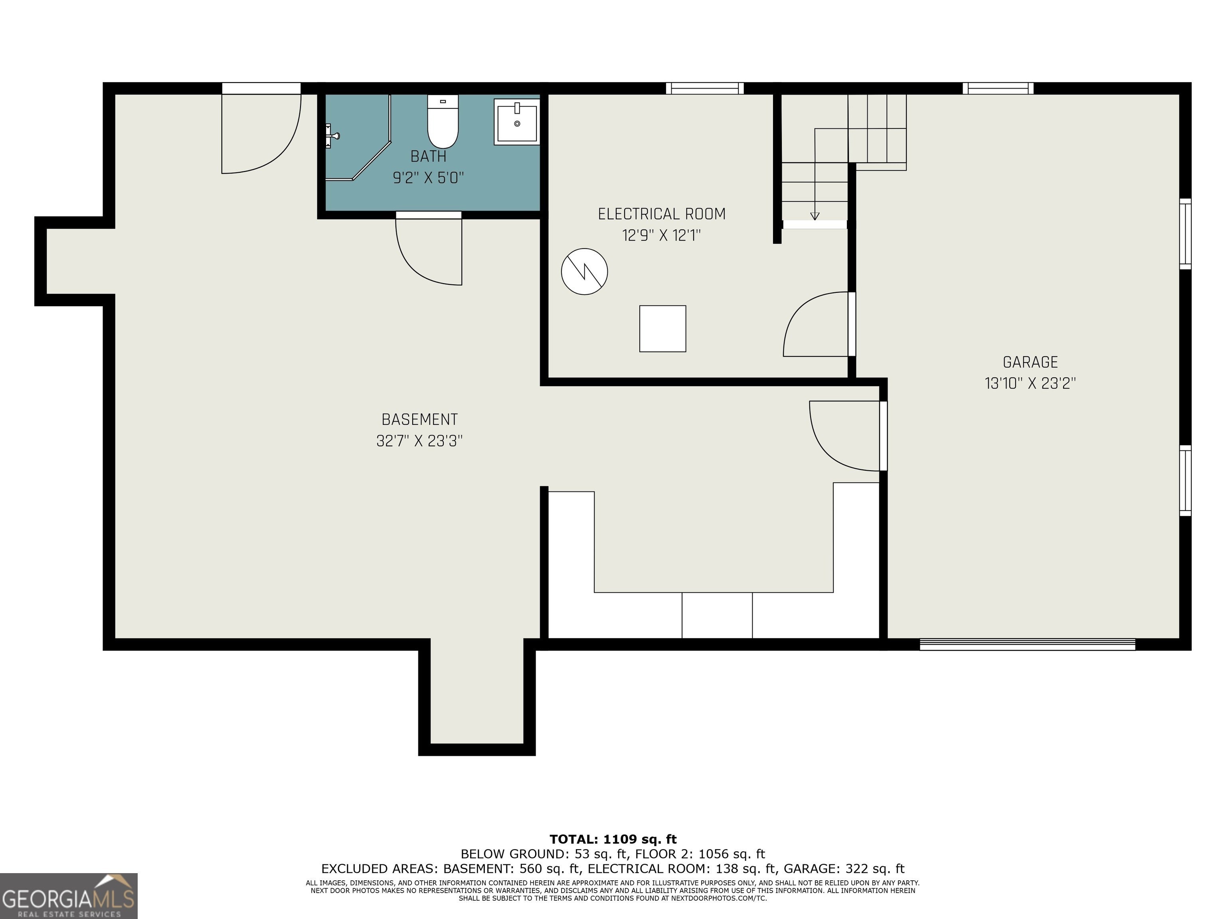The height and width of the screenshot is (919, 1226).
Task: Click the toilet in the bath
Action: tap(443, 121)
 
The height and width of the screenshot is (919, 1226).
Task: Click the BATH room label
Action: tap(429, 156)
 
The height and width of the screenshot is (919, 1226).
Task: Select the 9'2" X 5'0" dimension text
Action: tap(429, 178)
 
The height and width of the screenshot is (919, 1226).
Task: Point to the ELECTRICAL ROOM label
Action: tap(662, 214)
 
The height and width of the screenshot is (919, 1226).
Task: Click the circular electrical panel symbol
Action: tap(584, 272)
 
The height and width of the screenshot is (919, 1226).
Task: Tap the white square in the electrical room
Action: tap(662, 329)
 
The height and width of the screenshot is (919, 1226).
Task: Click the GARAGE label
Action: tap(1030, 362)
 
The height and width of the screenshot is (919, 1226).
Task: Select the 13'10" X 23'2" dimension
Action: tap(1030, 383)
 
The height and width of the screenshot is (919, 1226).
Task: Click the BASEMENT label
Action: tap(419, 419)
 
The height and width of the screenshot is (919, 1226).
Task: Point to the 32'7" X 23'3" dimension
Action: tap(419, 441)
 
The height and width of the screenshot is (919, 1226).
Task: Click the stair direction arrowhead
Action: tap(815, 216)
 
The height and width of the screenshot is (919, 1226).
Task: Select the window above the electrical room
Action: tap(704, 88)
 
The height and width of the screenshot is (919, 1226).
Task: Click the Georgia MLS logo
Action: tap(69, 896)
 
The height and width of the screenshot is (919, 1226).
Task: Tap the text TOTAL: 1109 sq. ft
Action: tap(613, 839)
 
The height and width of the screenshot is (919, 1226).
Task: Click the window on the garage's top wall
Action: tap(998, 88)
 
